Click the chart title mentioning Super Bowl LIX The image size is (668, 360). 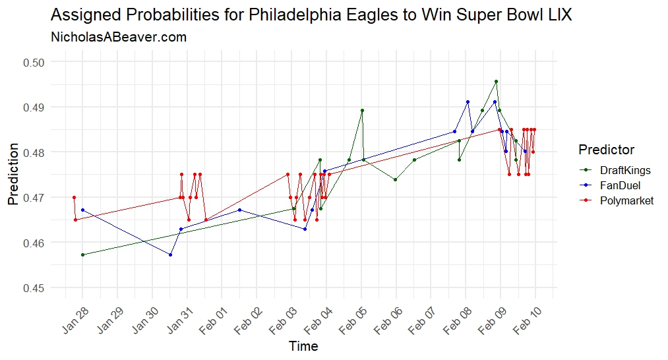pos(311,15)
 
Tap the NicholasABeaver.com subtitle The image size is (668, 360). pos(119,38)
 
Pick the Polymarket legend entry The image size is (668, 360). pos(622,200)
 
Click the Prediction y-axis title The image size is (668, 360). pos(13,175)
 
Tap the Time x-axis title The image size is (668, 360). pos(303,345)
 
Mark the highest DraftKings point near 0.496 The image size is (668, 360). pos(496,81)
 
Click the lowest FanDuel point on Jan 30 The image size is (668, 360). pos(170,255)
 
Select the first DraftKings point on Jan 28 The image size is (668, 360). pos(82,255)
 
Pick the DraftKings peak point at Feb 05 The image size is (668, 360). pos(362,110)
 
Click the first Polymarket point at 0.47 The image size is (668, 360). pos(74,197)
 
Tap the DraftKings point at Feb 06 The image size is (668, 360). pos(395,179)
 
